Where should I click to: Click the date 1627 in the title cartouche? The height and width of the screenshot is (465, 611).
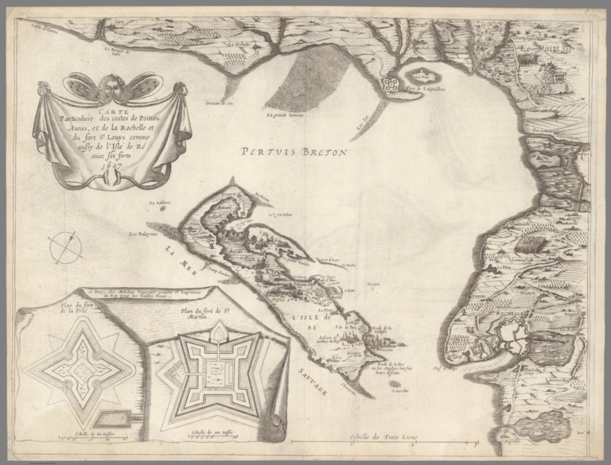click(x=112, y=167)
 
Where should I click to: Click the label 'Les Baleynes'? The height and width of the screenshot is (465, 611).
click(x=144, y=234)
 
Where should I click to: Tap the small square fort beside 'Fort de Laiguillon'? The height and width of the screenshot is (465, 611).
click(x=391, y=84)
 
